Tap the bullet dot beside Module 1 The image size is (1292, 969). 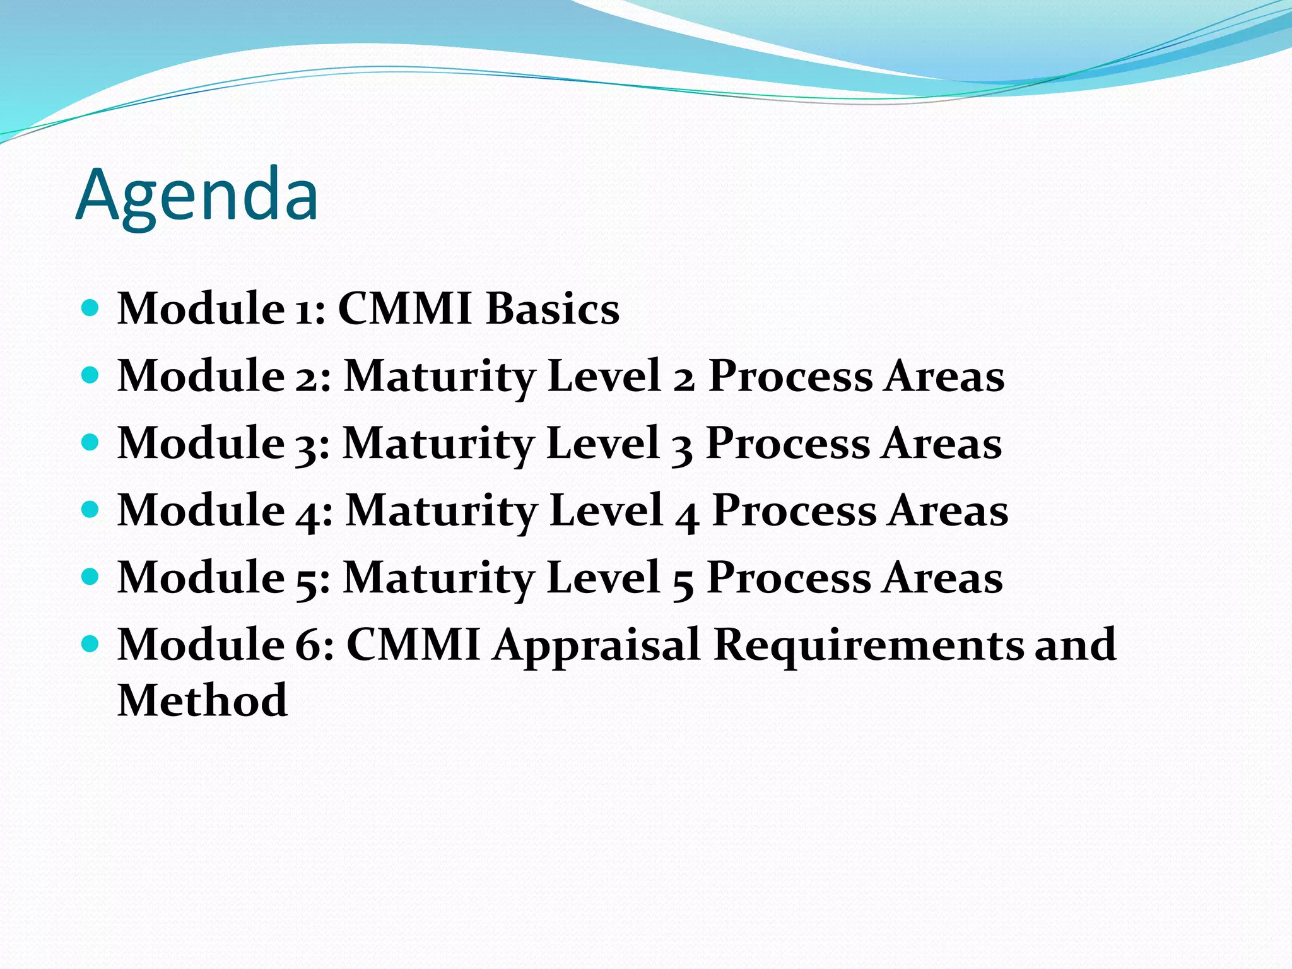click(x=91, y=308)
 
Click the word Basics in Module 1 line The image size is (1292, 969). click(x=553, y=309)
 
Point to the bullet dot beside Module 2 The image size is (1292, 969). click(x=91, y=375)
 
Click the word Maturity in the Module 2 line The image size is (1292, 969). click(x=439, y=377)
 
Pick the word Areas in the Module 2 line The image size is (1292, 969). click(x=944, y=377)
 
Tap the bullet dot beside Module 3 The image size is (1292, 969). click(x=91, y=442)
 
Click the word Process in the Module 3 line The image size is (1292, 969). click(x=787, y=443)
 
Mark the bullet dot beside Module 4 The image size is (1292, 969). click(x=91, y=509)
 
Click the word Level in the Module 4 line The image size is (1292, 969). click(x=606, y=510)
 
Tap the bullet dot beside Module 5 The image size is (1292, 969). click(x=91, y=577)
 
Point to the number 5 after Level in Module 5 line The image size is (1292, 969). click(x=683, y=581)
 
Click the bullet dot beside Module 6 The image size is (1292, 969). click(x=91, y=643)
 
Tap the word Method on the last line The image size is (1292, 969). click(x=203, y=700)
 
